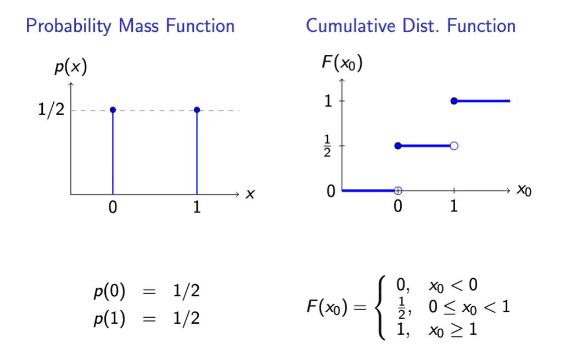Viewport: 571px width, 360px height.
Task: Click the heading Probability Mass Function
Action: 130,26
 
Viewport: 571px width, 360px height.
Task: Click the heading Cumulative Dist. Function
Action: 411,26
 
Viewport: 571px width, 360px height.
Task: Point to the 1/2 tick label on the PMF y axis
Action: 52,110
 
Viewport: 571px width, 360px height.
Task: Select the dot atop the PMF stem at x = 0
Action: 113,110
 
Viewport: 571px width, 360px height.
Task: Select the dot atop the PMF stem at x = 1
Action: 197,110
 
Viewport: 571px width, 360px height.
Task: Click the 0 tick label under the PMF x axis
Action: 113,209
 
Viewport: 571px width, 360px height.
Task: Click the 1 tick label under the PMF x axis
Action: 197,209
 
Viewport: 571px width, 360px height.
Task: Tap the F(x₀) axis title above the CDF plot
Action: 342,63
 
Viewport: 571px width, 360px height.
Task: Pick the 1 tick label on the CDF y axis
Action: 328,101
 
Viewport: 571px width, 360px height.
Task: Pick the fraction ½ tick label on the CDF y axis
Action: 328,146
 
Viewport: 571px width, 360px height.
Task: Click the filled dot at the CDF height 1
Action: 454,101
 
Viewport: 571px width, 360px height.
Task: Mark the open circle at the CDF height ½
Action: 454,145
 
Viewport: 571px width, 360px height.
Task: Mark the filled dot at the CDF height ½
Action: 398,145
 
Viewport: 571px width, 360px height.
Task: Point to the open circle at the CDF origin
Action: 398,190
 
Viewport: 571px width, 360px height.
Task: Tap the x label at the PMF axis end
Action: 250,194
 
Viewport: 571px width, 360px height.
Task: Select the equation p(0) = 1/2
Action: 146,291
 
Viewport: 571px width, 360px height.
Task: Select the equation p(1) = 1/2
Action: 146,318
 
